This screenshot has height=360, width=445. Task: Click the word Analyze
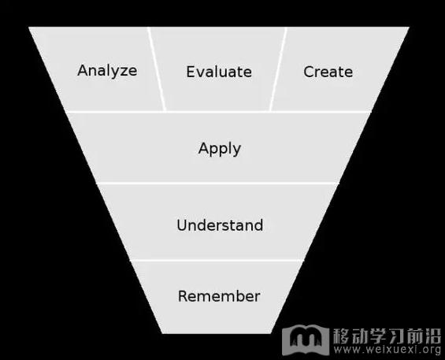pyautogui.click(x=107, y=71)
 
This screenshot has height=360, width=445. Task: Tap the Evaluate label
pyautogui.click(x=219, y=72)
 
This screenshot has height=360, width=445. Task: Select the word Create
pyautogui.click(x=328, y=72)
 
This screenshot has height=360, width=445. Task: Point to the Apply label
pyautogui.click(x=220, y=149)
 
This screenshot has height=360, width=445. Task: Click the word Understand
pyautogui.click(x=220, y=225)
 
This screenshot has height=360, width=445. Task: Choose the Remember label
pyautogui.click(x=219, y=296)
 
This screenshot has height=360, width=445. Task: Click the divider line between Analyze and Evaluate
pyautogui.click(x=157, y=69)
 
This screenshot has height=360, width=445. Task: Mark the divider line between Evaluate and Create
pyautogui.click(x=278, y=69)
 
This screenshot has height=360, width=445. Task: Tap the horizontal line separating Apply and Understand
pyautogui.click(x=217, y=184)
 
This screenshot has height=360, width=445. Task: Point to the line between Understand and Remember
pyautogui.click(x=217, y=260)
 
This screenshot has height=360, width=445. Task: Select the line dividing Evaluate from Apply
pyautogui.click(x=218, y=112)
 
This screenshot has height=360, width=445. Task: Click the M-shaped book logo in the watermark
pyautogui.click(x=306, y=340)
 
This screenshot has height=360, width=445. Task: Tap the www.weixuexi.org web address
pyautogui.click(x=387, y=349)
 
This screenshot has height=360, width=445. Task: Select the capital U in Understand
pyautogui.click(x=182, y=225)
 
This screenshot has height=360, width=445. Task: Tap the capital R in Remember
pyautogui.click(x=183, y=296)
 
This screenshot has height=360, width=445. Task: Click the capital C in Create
pyautogui.click(x=309, y=72)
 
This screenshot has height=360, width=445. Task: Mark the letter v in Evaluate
pyautogui.click(x=200, y=73)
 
